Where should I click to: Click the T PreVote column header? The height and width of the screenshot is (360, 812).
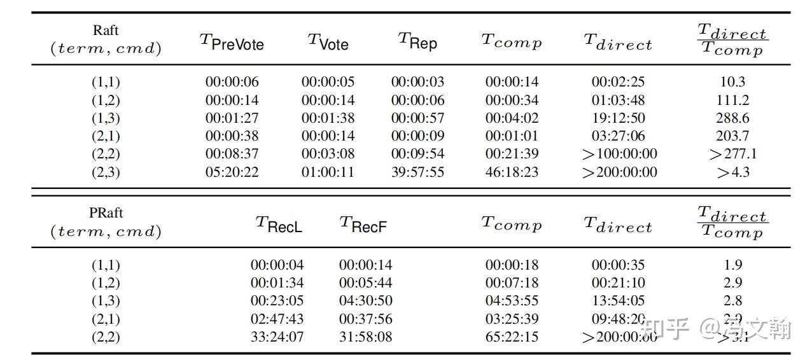click(232, 42)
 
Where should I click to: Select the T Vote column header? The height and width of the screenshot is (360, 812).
click(328, 42)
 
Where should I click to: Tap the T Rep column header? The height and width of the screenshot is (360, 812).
click(417, 42)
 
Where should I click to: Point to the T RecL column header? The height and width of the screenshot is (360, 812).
click(279, 225)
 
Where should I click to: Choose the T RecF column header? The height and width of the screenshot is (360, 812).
click(363, 225)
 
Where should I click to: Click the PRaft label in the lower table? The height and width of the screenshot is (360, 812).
click(106, 213)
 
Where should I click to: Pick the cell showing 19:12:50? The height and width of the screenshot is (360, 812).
click(618, 118)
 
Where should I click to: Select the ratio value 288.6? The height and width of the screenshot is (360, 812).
click(732, 118)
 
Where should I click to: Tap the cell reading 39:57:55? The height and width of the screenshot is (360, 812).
click(417, 172)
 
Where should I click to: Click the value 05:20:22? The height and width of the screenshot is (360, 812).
click(232, 172)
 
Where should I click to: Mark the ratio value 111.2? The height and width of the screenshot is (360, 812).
click(732, 100)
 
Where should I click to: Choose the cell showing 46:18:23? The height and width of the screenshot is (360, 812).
click(512, 172)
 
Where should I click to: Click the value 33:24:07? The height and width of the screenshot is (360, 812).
click(277, 336)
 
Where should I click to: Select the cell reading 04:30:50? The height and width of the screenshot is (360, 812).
click(365, 301)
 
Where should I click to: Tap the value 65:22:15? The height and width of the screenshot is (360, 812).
click(512, 336)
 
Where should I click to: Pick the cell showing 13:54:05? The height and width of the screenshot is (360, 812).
click(618, 301)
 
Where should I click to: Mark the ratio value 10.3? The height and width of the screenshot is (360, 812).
click(732, 82)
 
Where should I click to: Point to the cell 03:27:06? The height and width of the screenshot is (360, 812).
click(618, 136)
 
